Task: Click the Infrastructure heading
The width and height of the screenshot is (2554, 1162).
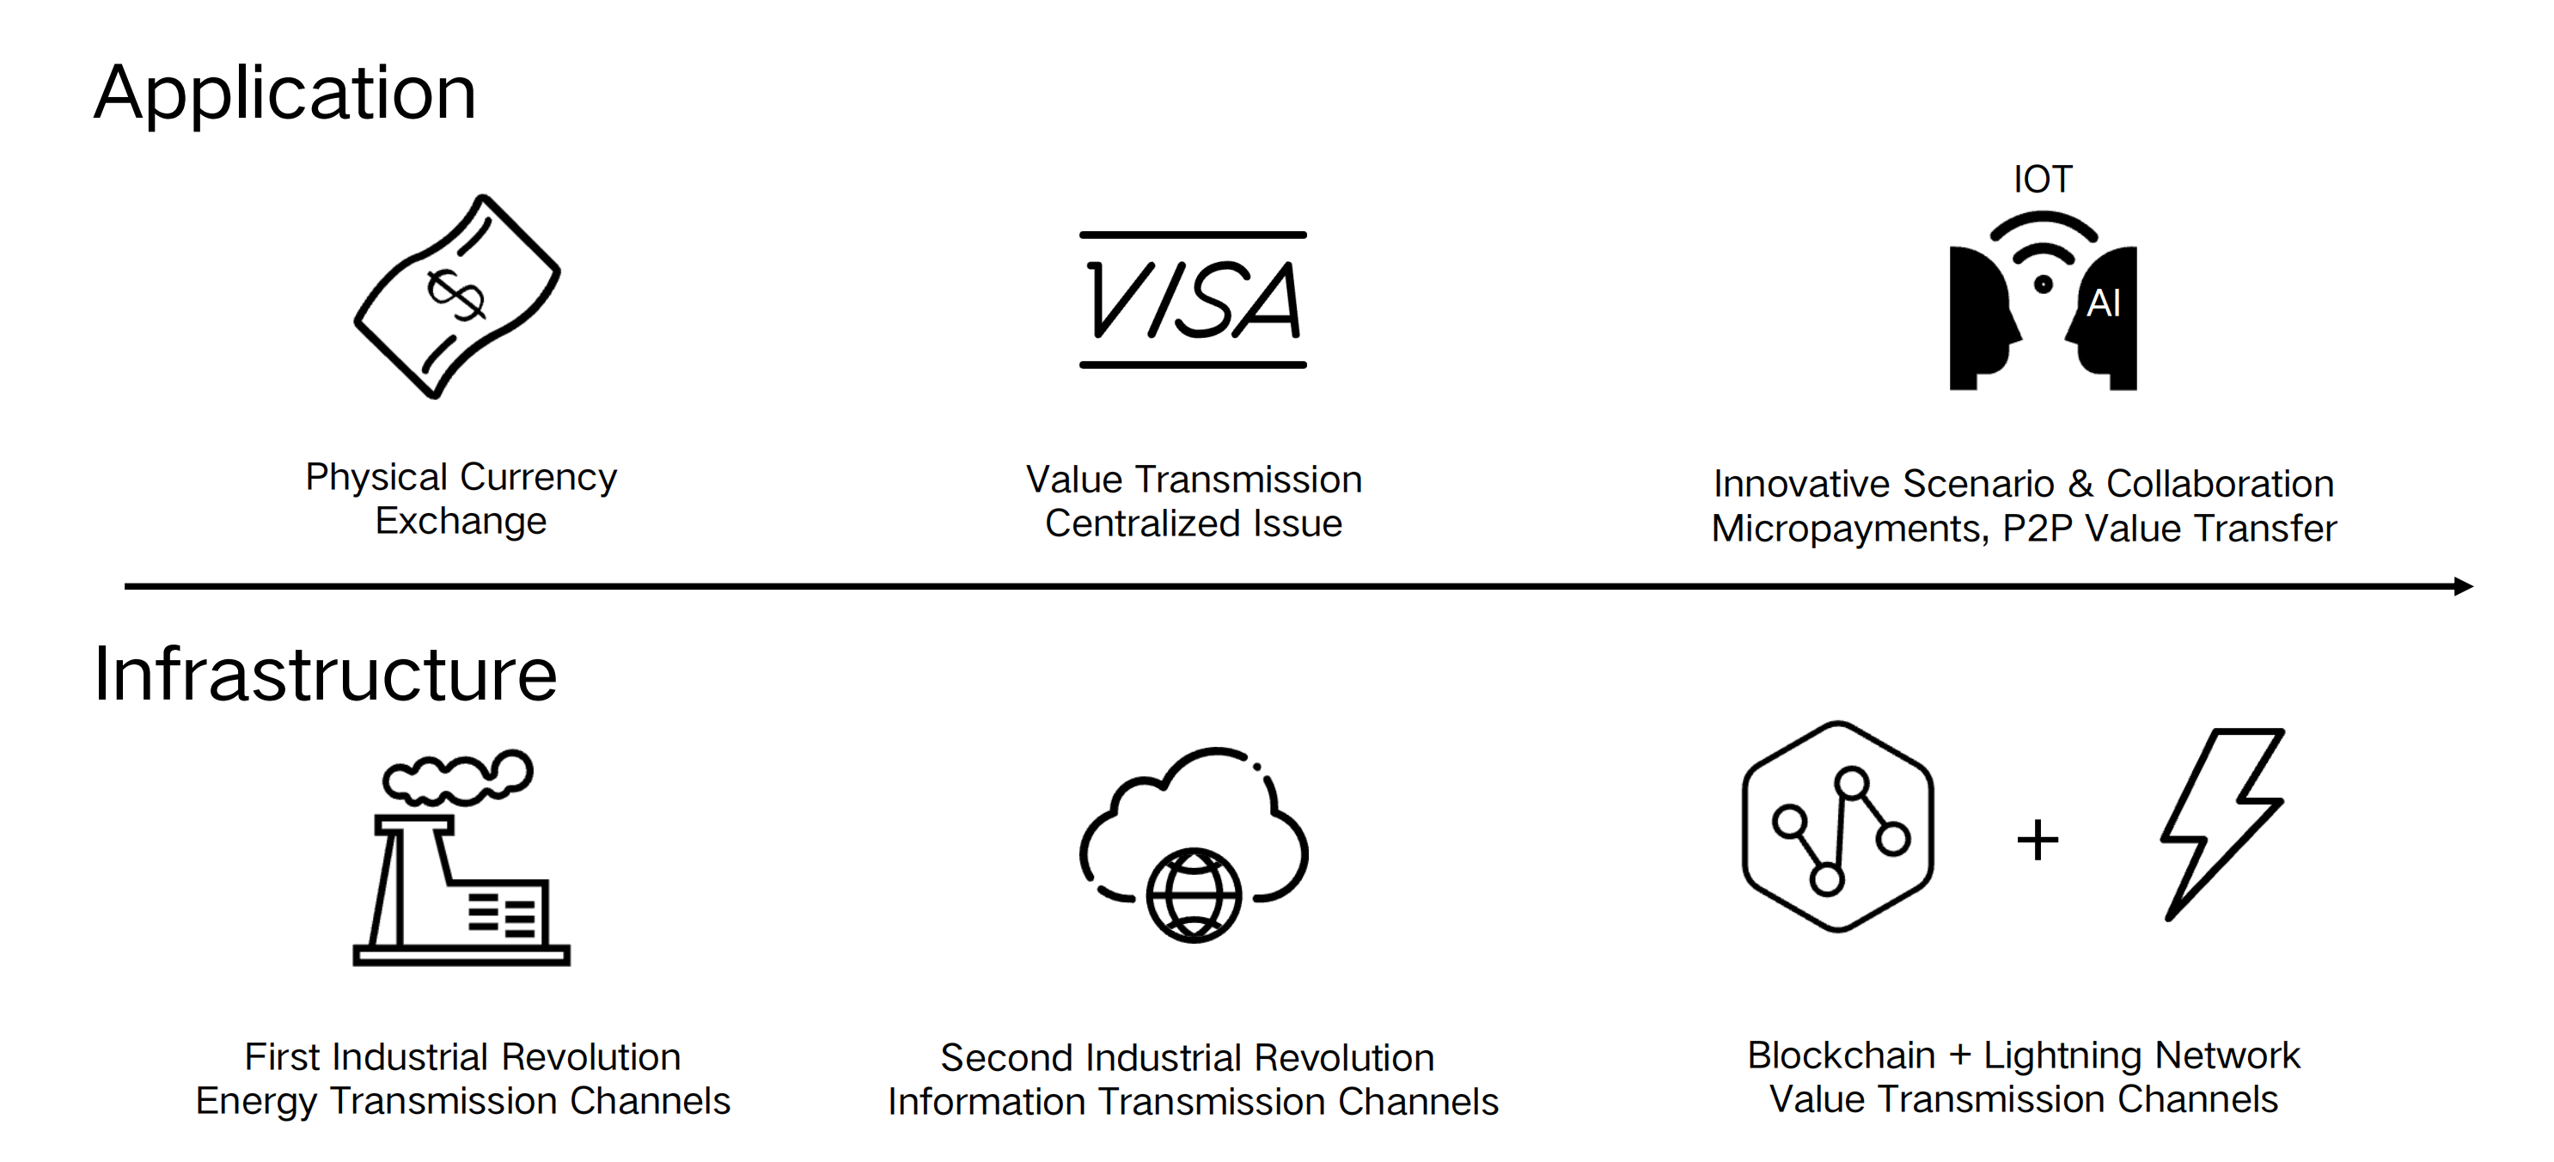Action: tap(325, 674)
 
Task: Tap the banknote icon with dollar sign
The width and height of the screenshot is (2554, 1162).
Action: tap(457, 297)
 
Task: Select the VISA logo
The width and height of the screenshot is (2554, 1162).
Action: tap(1193, 299)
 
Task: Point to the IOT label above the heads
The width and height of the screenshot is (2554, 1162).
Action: tap(2043, 180)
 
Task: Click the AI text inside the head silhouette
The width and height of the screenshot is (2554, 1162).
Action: tap(2103, 303)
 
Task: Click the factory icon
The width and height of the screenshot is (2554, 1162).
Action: tap(461, 883)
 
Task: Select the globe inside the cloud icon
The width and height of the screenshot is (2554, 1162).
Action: tap(1194, 896)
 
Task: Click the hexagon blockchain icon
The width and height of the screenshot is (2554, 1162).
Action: tap(1838, 827)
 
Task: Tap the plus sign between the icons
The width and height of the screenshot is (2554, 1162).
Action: tap(2038, 841)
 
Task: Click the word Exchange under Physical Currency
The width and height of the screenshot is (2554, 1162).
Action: tap(461, 522)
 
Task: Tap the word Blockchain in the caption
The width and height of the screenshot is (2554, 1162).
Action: tap(1841, 1056)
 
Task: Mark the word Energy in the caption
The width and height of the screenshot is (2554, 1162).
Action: tap(257, 1102)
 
